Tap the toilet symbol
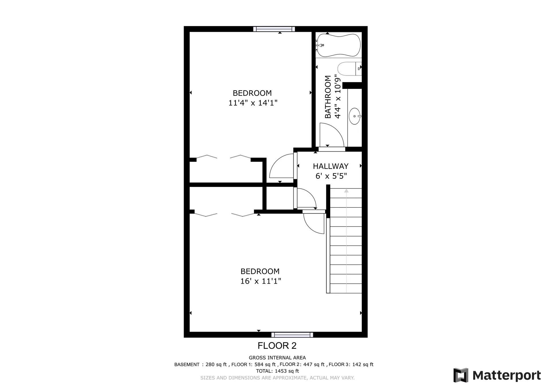(348, 69)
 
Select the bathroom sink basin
(355, 116)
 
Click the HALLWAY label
(331, 166)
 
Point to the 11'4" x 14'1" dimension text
(253, 103)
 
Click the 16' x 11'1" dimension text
(260, 281)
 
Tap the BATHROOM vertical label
(328, 97)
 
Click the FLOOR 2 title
(277, 346)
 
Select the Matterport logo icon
(461, 375)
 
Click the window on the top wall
(274, 29)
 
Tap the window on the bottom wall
(292, 335)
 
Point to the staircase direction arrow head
(346, 191)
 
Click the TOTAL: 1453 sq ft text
(277, 371)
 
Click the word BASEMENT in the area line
(187, 365)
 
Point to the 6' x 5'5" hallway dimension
(331, 176)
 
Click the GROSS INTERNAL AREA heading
(277, 358)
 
